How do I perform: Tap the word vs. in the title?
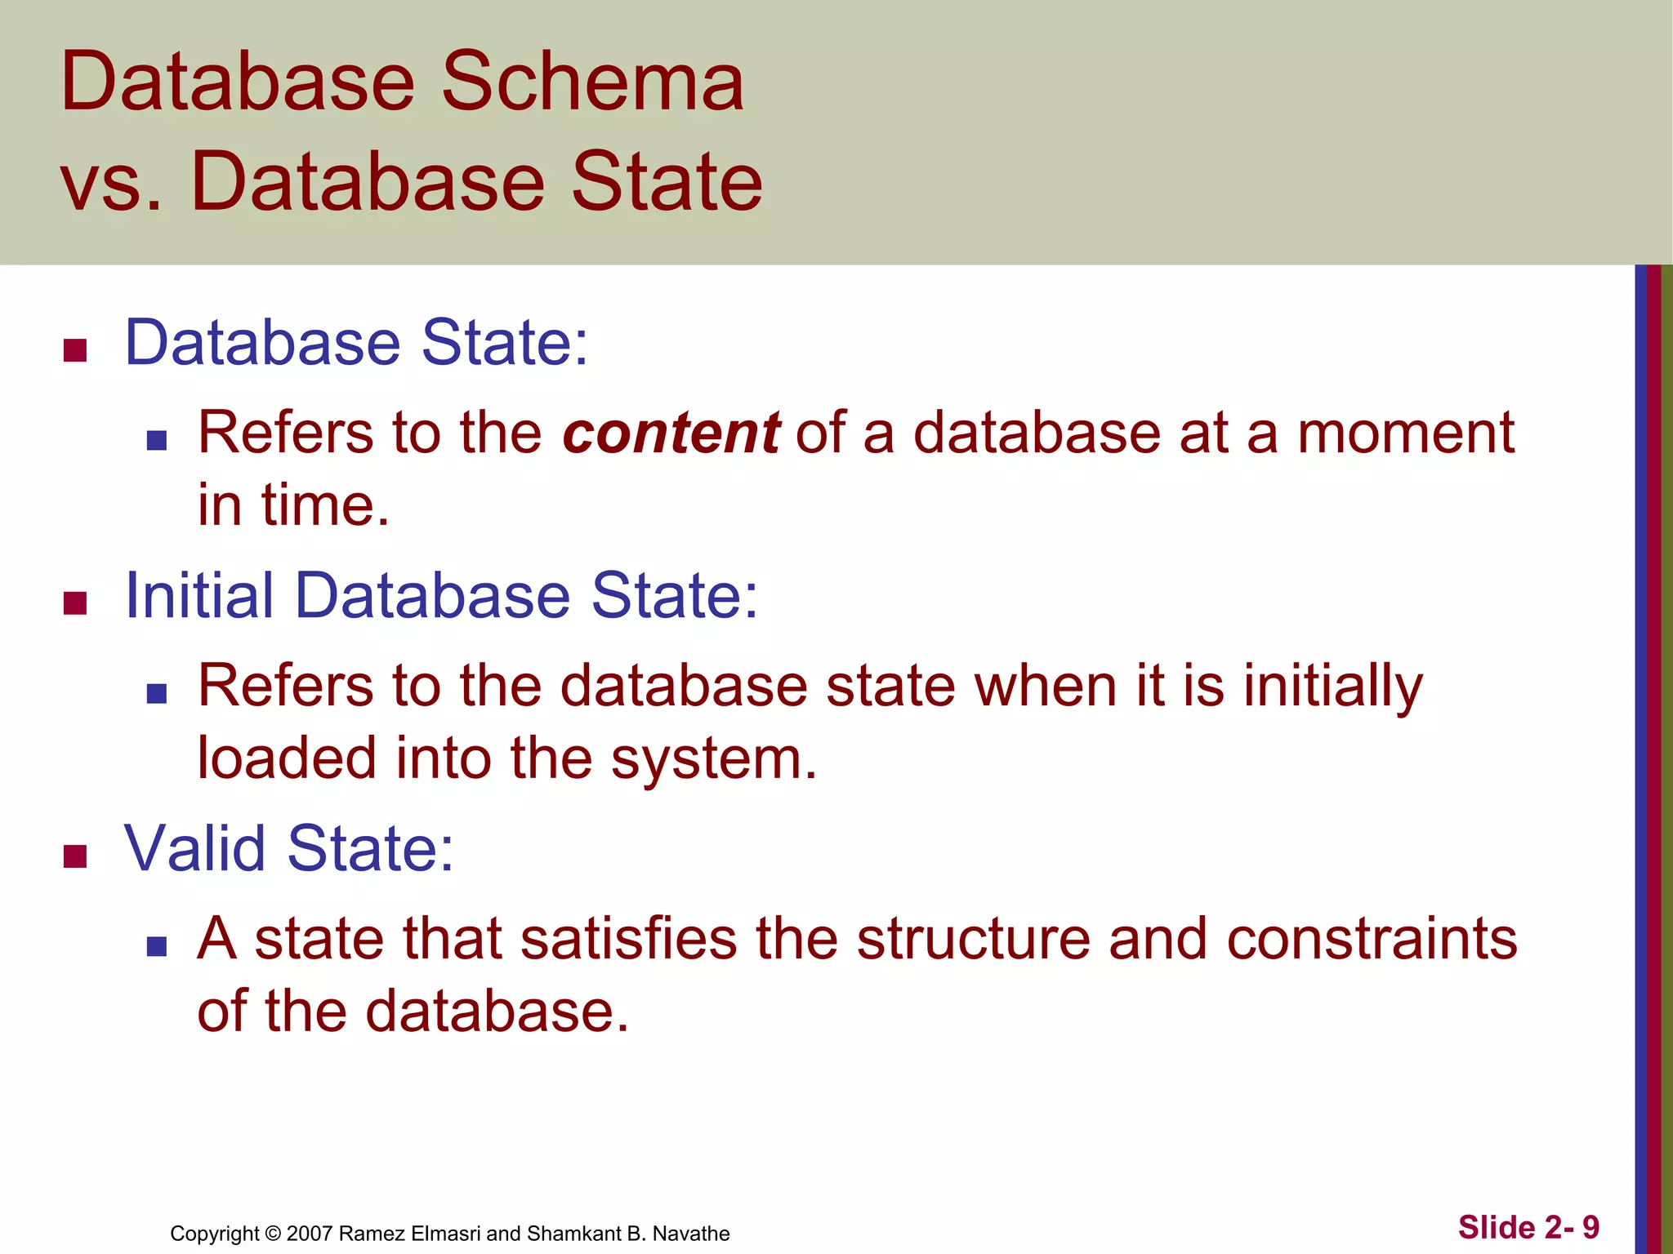click(x=112, y=183)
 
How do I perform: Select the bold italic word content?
click(x=671, y=433)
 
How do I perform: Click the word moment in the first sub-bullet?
click(x=1406, y=433)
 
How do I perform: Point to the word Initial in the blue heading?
click(x=199, y=596)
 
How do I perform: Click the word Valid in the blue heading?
click(x=195, y=849)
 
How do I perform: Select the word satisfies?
click(x=628, y=939)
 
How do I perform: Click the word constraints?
click(x=1372, y=939)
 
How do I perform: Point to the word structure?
click(x=973, y=939)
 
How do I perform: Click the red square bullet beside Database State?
click(x=75, y=351)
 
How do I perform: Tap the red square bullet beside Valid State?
click(x=75, y=857)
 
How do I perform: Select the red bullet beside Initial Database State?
click(x=75, y=604)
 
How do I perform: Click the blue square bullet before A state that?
click(x=157, y=947)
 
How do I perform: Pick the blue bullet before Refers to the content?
click(x=157, y=442)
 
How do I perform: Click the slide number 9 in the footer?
click(x=1590, y=1228)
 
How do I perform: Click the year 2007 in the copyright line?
click(x=310, y=1234)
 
